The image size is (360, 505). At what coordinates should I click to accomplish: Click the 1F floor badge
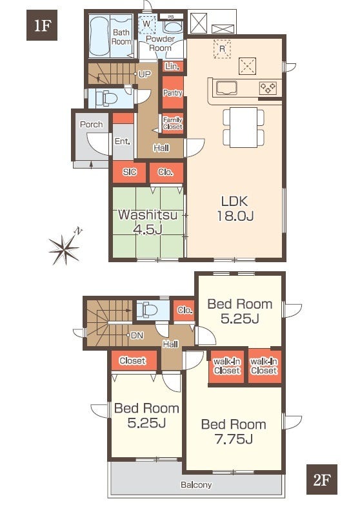42,25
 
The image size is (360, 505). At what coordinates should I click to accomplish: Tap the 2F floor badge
322,479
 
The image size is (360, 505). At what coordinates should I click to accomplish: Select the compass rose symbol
65,247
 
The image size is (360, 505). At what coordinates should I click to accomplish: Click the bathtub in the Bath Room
99,36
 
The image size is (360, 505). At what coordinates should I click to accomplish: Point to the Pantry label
173,93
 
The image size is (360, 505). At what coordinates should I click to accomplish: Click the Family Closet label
173,123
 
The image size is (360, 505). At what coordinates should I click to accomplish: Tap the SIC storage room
129,172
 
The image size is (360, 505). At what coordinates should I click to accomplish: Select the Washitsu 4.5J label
148,222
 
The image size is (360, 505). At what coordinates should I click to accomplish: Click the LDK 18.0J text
235,209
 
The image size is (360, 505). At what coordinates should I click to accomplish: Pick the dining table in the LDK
243,127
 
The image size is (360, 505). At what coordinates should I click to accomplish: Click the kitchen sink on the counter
227,88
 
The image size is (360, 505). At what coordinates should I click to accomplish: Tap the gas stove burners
268,88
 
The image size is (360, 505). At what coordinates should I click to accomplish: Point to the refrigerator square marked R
223,49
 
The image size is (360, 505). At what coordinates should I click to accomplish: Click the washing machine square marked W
147,24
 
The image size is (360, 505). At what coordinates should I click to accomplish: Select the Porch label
92,125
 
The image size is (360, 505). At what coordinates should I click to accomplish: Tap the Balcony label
196,485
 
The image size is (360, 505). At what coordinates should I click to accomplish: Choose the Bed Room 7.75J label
234,431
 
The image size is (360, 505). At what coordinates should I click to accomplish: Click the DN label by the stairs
137,336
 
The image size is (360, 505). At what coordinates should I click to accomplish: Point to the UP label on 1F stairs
145,74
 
